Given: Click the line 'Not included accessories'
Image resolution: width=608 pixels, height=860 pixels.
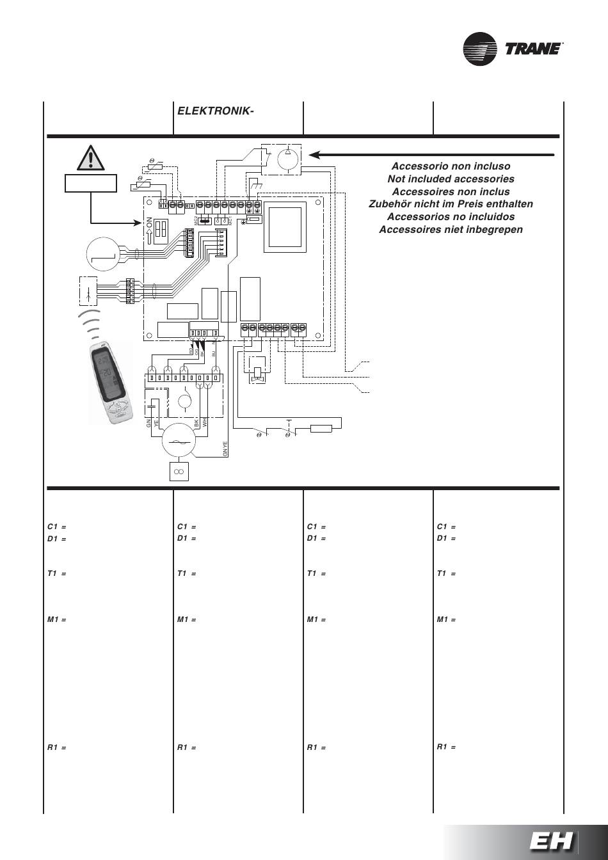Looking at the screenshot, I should click(x=451, y=179).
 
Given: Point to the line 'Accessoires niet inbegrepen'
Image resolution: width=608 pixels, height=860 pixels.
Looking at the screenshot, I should click(x=451, y=229).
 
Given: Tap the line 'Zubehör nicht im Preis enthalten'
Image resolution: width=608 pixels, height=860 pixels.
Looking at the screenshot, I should click(x=451, y=204).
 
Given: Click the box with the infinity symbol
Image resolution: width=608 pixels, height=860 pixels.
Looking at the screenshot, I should click(x=179, y=472).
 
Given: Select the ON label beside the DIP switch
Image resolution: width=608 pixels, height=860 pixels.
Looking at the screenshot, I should click(x=148, y=228).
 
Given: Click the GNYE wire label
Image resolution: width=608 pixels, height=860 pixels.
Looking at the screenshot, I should click(x=225, y=449).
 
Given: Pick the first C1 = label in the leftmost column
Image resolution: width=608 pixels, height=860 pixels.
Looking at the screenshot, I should click(x=57, y=527).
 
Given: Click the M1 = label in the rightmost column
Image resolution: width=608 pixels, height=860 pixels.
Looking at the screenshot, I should click(x=446, y=619).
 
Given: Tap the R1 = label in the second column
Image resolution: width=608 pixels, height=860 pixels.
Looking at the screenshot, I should click(x=186, y=747).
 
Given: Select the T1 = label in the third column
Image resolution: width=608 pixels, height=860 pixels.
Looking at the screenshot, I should click(x=316, y=574).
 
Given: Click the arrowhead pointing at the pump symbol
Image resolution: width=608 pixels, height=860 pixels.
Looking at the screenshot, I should click(x=314, y=154).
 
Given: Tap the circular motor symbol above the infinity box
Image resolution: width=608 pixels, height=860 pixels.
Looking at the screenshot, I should click(x=180, y=442).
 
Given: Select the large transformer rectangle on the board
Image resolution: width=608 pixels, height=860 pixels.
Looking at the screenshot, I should click(x=282, y=228).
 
